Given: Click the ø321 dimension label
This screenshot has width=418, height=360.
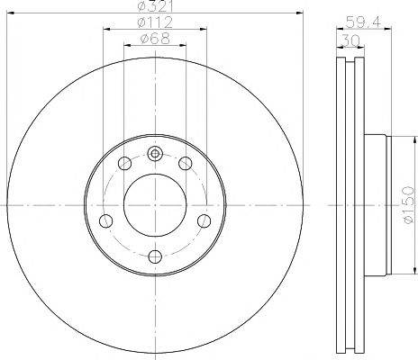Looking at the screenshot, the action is [155, 6].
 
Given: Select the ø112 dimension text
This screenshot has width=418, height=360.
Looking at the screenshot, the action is [155, 22].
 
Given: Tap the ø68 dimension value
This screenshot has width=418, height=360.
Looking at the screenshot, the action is [155, 39].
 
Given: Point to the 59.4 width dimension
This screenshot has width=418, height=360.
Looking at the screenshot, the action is [364, 22].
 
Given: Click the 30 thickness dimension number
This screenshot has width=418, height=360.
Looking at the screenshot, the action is [350, 40].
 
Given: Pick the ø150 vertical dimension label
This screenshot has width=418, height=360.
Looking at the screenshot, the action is [408, 205].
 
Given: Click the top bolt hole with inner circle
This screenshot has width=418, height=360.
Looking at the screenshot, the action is [155, 154].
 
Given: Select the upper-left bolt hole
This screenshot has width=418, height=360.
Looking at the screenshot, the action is [124, 164].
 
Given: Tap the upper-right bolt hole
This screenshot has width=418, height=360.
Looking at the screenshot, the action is [186, 164].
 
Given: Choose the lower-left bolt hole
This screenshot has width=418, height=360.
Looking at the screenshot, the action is [105, 221].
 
